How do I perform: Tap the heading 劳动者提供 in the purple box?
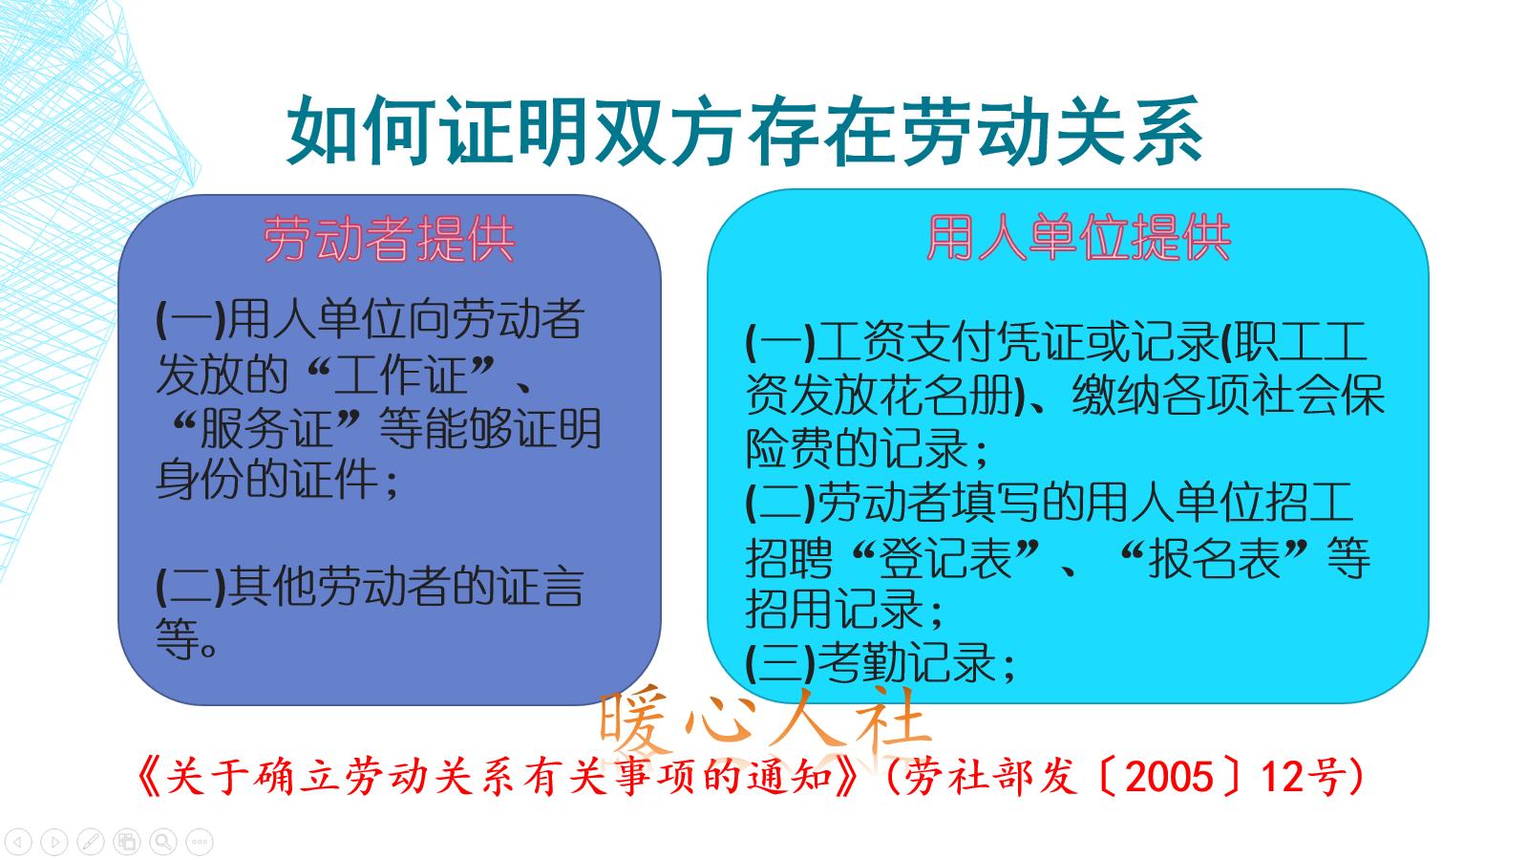point(389,239)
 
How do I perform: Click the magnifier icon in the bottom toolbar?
point(163,842)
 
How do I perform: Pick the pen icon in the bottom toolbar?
point(91,842)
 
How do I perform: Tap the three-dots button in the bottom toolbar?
point(200,842)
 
